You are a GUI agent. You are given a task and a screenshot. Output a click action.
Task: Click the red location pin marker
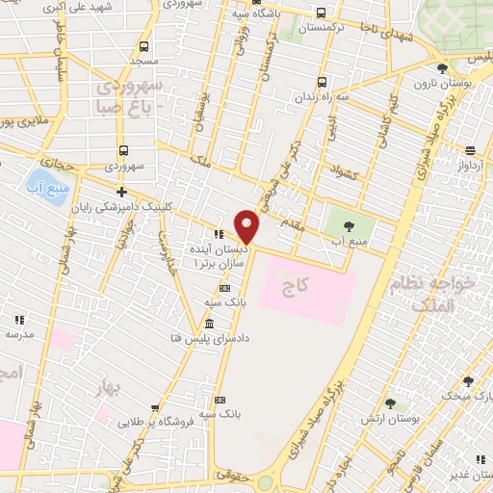[x=246, y=225]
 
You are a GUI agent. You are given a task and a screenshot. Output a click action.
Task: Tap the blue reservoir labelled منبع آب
[x=44, y=183]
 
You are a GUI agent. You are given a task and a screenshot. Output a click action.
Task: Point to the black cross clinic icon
[x=121, y=192]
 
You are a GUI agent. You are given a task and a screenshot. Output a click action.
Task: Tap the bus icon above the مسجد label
[x=143, y=46]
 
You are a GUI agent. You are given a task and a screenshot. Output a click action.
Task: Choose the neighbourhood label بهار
[x=112, y=387]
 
